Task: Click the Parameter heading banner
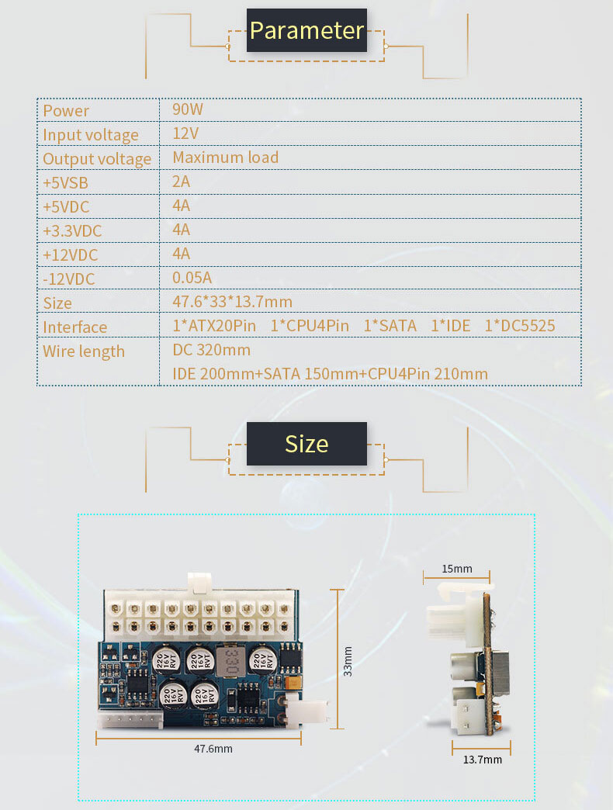tap(306, 30)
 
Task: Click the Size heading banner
tap(306, 444)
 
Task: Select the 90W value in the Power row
tap(188, 109)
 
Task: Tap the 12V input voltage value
tap(185, 133)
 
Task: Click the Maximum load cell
tap(226, 157)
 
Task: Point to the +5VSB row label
tap(66, 183)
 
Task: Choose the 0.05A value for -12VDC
tap(192, 278)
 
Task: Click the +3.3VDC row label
tap(72, 231)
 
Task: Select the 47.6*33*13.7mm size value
tap(232, 302)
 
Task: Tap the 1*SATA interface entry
tap(390, 325)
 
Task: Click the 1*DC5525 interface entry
tap(520, 325)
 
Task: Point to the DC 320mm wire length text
tap(212, 350)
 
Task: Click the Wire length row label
tap(84, 351)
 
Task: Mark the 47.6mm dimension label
tap(213, 749)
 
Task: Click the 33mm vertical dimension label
tap(348, 661)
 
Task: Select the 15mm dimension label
tap(457, 569)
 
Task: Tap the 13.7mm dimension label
tap(483, 760)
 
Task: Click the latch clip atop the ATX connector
tap(199, 583)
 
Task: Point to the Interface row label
tap(75, 327)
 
